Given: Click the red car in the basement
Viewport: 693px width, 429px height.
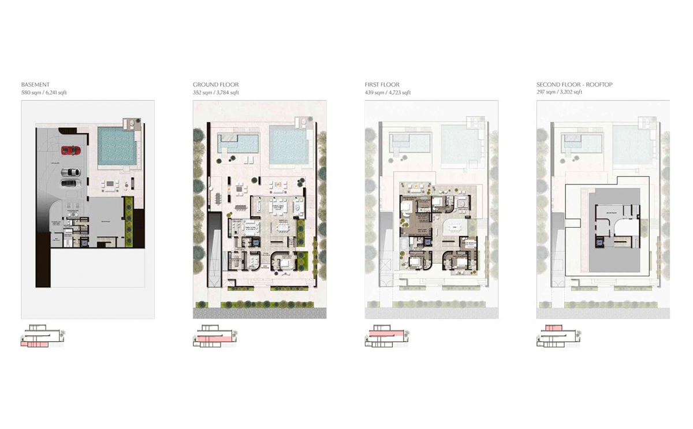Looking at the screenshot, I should point(70,150).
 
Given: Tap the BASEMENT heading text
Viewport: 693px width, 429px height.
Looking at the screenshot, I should point(35,85).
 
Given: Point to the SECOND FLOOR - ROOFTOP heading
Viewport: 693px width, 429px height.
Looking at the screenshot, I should point(574,85).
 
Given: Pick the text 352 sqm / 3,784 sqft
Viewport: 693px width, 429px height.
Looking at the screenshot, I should point(216,93).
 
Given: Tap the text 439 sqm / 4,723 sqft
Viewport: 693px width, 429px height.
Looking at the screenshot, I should point(388,93).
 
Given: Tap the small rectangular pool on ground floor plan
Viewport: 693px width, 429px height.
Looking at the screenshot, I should point(237,143).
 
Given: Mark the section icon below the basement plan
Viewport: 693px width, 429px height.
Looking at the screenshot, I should point(42,337).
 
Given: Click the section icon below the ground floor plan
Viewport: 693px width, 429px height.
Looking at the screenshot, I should point(214,337).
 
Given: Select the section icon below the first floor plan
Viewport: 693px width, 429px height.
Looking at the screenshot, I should point(386,337).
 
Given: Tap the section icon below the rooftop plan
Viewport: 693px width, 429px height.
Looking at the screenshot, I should point(558,337).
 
